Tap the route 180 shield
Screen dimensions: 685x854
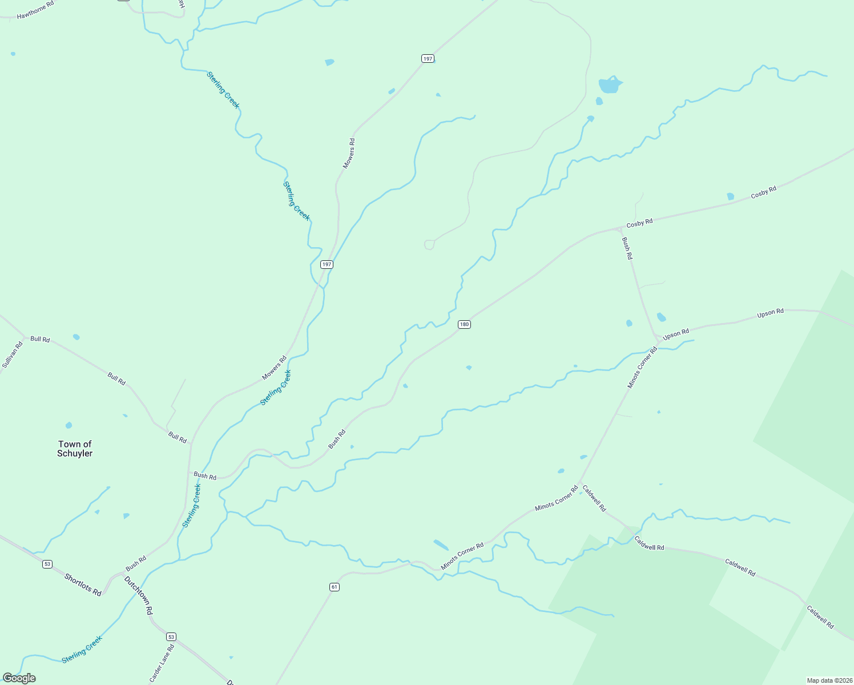[x=464, y=324]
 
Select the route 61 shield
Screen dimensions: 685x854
[x=335, y=587]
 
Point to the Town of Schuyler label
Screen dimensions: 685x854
[x=75, y=449]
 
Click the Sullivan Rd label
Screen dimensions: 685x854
[x=12, y=354]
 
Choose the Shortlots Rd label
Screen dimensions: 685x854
[x=83, y=585]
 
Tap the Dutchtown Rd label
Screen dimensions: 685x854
[x=139, y=595]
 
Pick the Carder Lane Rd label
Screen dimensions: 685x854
[x=162, y=663]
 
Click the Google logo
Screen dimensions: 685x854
[x=19, y=678]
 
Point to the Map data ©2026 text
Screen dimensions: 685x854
[x=828, y=680]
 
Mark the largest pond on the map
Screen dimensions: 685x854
[x=609, y=85]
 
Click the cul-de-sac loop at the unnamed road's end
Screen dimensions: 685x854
[x=429, y=245]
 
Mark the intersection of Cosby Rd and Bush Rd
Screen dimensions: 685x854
[x=620, y=229]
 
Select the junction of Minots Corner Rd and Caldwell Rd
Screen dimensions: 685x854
[x=580, y=484]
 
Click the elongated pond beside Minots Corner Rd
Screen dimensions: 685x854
[x=441, y=545]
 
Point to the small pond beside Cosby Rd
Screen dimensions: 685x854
[x=730, y=196]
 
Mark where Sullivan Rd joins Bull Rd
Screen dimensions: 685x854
[x=25, y=337]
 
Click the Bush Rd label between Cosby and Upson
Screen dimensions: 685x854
[x=627, y=248]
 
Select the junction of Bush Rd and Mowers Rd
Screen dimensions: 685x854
[x=190, y=472]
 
